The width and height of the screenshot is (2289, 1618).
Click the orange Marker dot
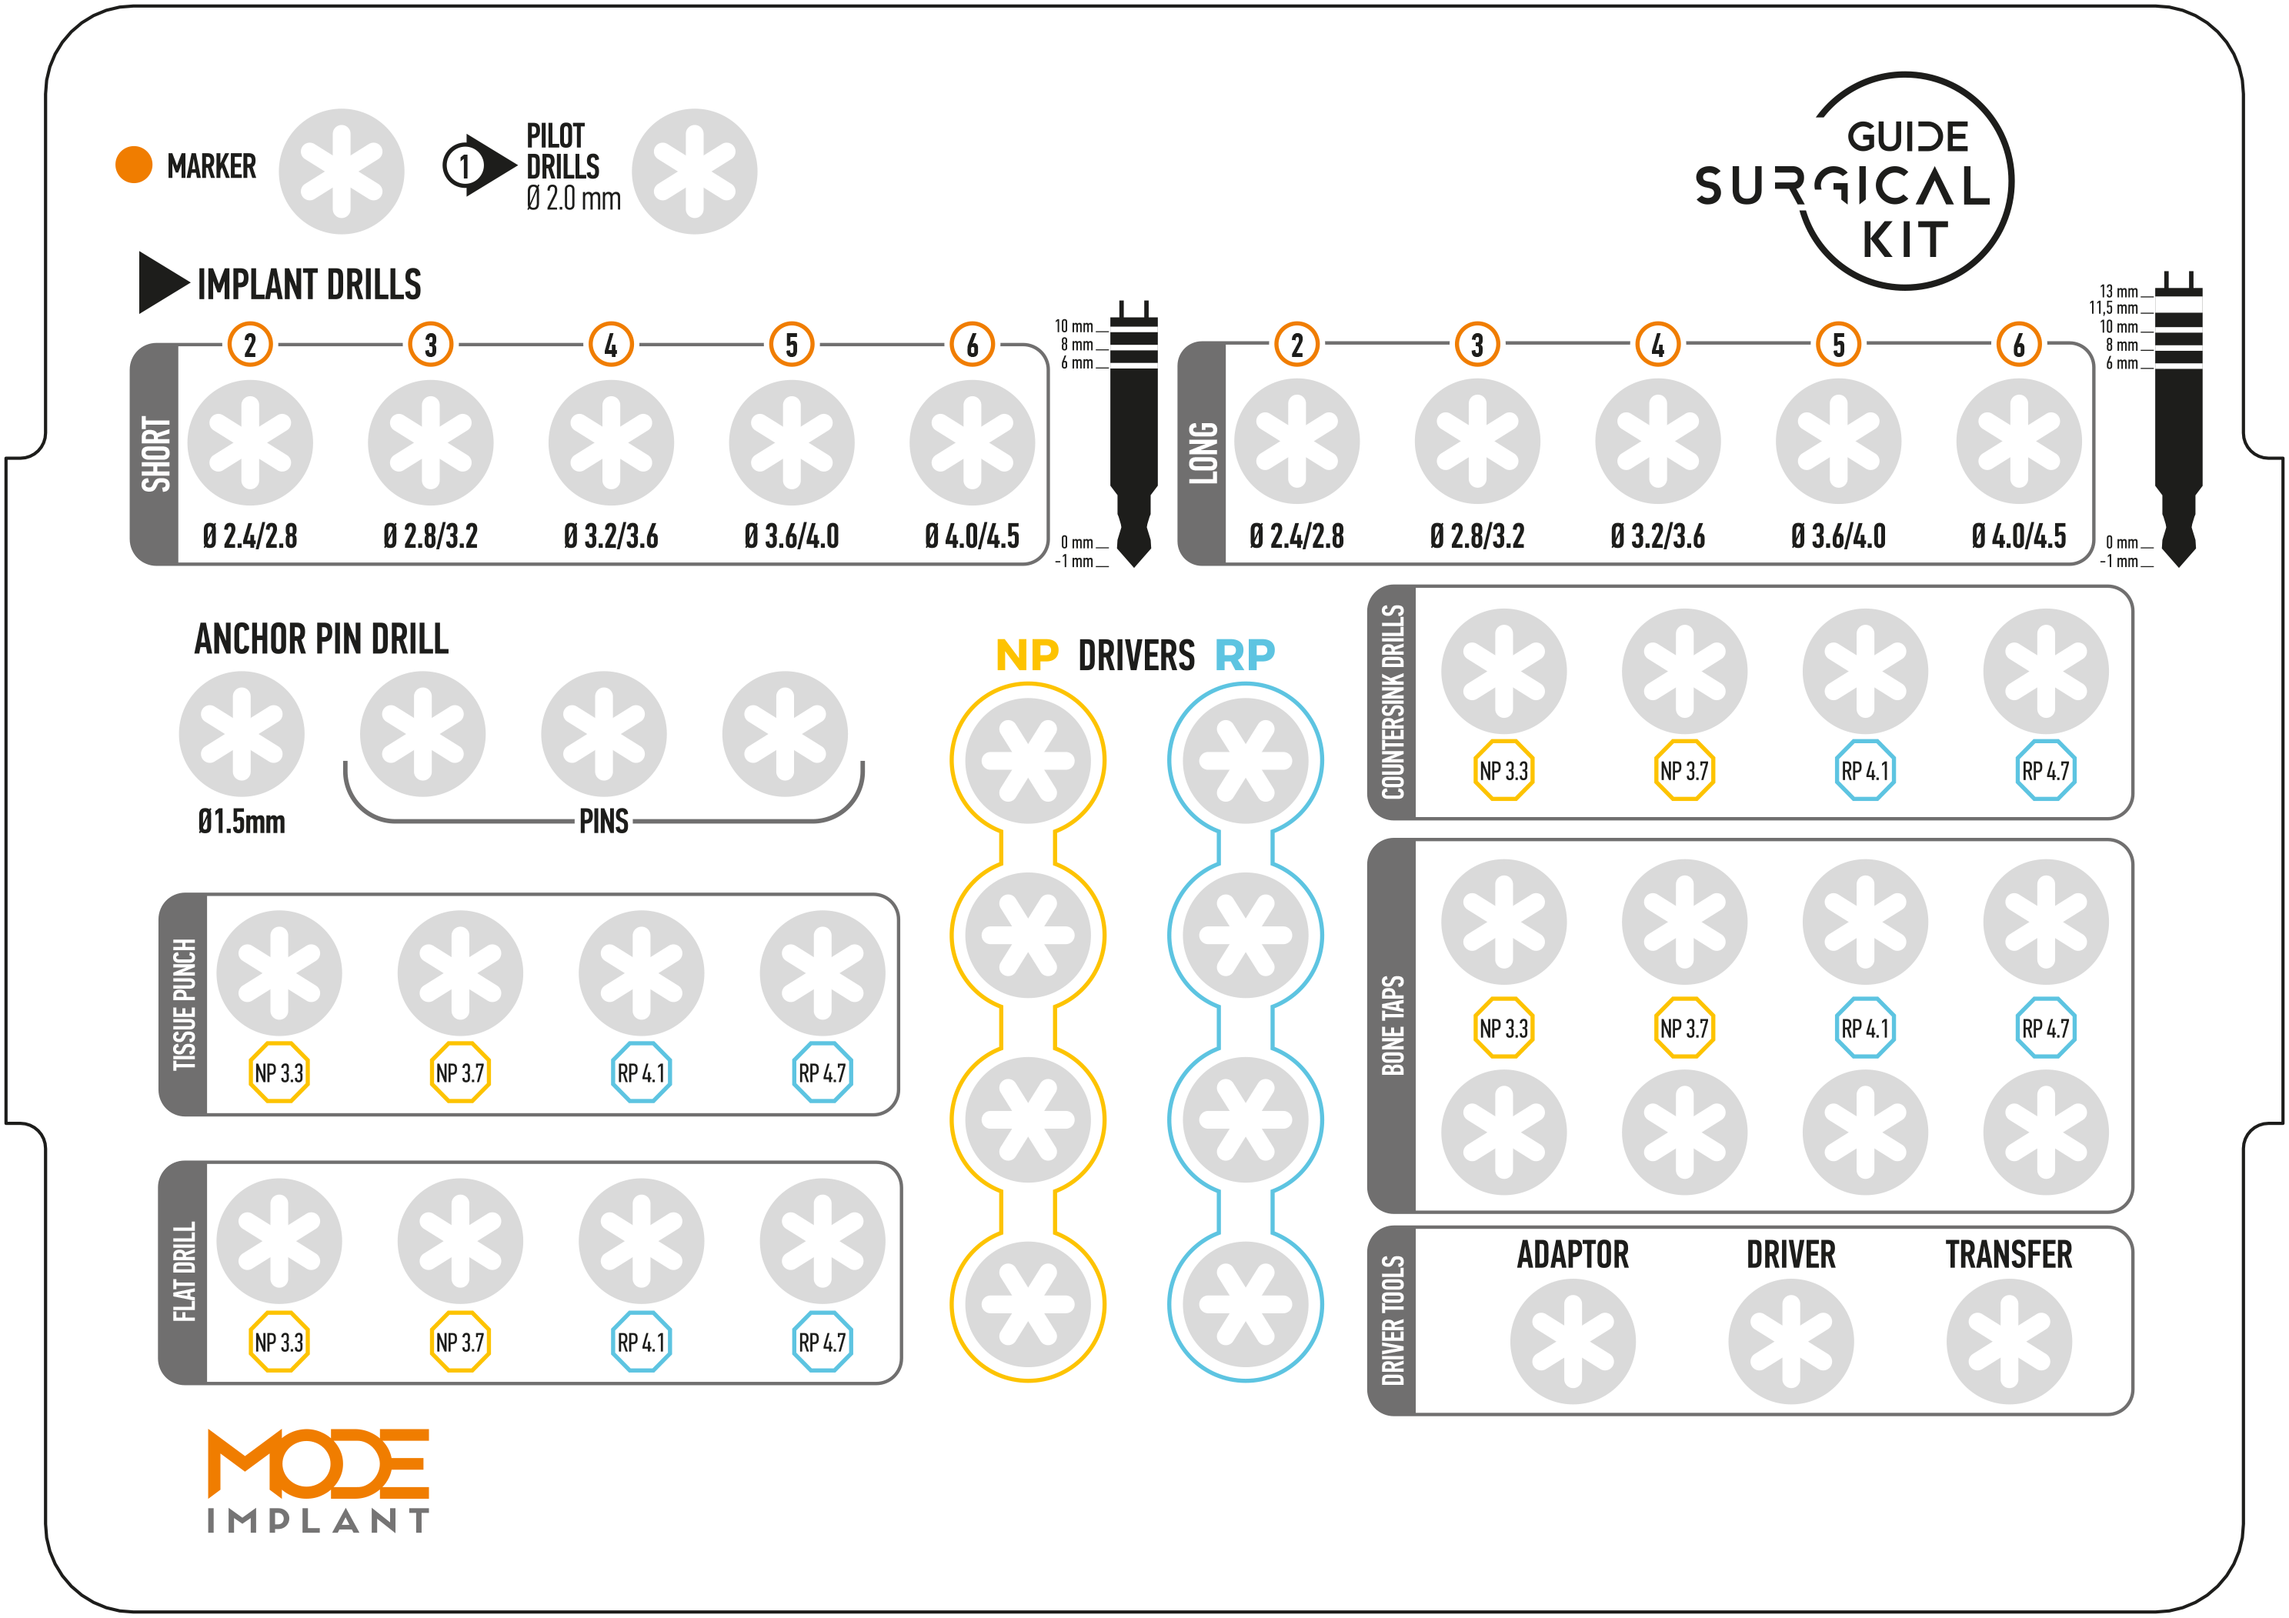(x=134, y=165)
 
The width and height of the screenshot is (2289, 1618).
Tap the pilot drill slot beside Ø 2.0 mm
(x=695, y=172)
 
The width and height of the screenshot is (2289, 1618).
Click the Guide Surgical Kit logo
(x=1854, y=182)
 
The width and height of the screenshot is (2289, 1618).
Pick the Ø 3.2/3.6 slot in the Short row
(x=611, y=442)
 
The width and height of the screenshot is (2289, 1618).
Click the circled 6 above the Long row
(x=2019, y=345)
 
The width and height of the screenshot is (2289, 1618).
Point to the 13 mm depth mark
(x=2118, y=291)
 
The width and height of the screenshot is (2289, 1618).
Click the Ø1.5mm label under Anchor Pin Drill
(x=242, y=822)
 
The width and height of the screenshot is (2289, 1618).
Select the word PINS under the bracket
(x=604, y=822)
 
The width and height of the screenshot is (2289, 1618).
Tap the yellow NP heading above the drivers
(x=1027, y=655)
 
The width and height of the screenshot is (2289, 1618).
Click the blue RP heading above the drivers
(x=1244, y=655)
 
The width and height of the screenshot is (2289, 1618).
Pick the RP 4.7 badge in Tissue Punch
(x=822, y=1073)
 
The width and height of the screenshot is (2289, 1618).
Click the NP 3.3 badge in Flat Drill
(x=279, y=1342)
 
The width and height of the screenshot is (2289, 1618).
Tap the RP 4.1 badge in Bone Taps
(x=1864, y=1028)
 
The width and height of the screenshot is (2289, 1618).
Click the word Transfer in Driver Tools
(x=2009, y=1254)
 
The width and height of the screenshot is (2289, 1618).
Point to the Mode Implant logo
(x=318, y=1480)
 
